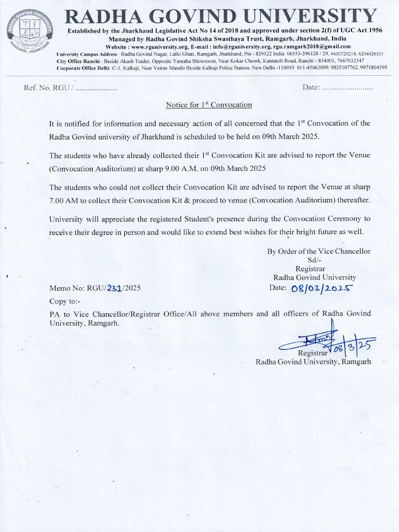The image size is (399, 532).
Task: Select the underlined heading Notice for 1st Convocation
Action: (209, 105)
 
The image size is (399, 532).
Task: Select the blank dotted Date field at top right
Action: (347, 87)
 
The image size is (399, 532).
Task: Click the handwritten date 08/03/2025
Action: (322, 288)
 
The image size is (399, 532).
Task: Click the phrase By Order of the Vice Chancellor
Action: (318, 251)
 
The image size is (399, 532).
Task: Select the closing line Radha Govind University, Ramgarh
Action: (313, 362)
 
